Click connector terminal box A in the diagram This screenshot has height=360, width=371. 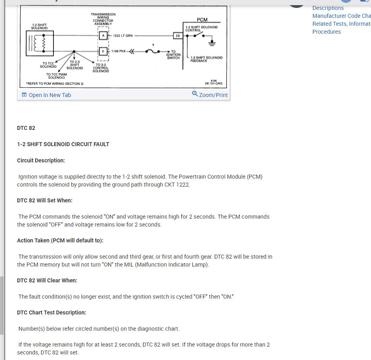click(103, 35)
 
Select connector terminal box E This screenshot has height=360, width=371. click(103, 51)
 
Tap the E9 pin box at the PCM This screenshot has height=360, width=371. click(178, 36)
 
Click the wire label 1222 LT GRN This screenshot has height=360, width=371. click(123, 36)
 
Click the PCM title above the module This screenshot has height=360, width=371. click(202, 19)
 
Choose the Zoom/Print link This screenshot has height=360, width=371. click(213, 95)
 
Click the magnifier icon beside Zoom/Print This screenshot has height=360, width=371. click(195, 94)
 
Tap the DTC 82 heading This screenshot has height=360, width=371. click(26, 128)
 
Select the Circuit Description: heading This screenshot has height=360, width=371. click(41, 160)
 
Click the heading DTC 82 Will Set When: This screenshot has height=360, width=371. click(44, 200)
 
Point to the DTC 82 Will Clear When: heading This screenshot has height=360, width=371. click(47, 280)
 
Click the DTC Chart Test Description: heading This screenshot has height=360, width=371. click(51, 312)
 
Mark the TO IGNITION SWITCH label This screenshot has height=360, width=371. click(173, 55)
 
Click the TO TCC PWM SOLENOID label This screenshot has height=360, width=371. click(57, 76)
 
